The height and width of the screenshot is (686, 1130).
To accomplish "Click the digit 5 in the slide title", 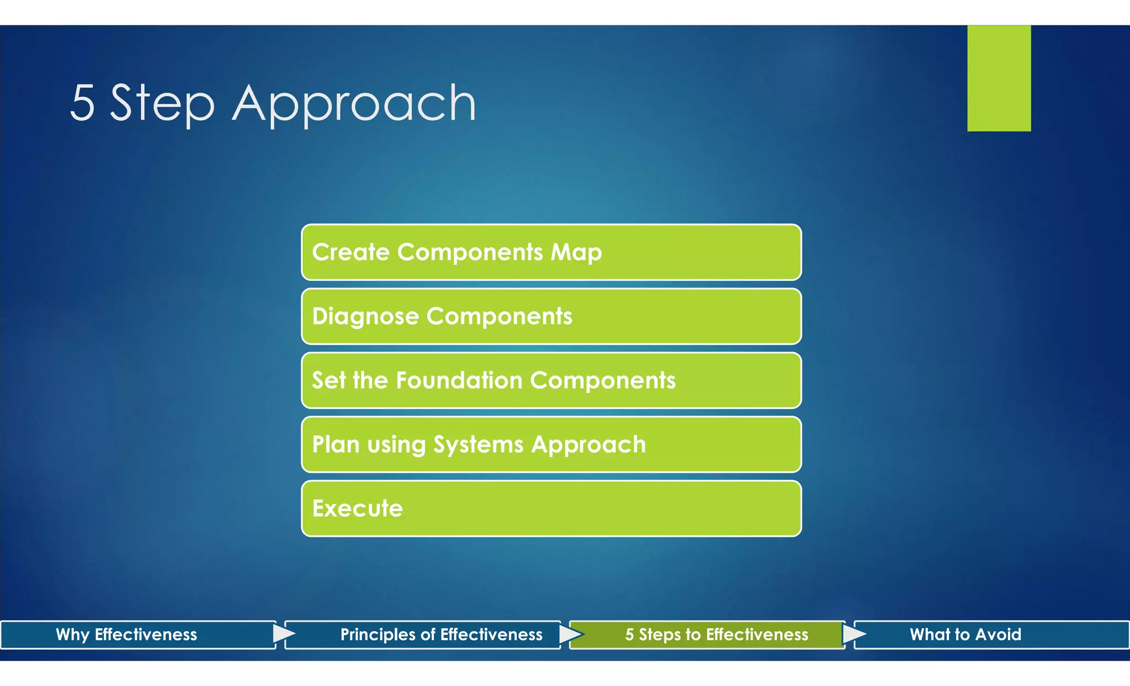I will point(83,103).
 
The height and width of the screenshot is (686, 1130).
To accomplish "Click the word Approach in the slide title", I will point(354,105).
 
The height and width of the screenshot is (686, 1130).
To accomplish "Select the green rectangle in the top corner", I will point(999,78).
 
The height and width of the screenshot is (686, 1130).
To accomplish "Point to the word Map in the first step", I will point(576,253).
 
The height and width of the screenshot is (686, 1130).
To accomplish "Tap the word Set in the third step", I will point(329,380).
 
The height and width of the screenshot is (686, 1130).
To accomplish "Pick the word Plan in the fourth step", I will point(335,444).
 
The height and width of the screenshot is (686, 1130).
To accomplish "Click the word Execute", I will point(358,508).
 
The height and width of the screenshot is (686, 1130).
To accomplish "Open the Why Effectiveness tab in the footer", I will point(126,635).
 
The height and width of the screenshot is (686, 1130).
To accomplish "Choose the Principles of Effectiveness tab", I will point(441,635).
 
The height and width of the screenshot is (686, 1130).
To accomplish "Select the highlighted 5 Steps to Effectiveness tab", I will point(716,635).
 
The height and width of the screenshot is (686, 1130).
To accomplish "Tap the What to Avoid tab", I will point(965,635).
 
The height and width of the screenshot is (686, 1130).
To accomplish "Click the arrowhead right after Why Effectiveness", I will point(283,634).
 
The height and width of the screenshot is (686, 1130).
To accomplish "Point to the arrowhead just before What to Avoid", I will point(853,634).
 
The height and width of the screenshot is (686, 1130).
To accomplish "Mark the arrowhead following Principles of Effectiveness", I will point(569,634).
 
